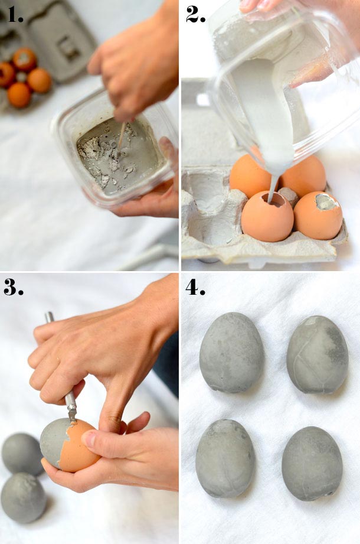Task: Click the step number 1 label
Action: (16, 14)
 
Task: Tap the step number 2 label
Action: (196, 14)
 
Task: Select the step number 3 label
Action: (14, 286)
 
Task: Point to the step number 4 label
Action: (196, 286)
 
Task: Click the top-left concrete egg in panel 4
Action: (232, 353)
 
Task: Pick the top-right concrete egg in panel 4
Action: (318, 354)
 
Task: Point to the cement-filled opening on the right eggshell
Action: (326, 203)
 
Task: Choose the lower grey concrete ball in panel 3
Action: (24, 497)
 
